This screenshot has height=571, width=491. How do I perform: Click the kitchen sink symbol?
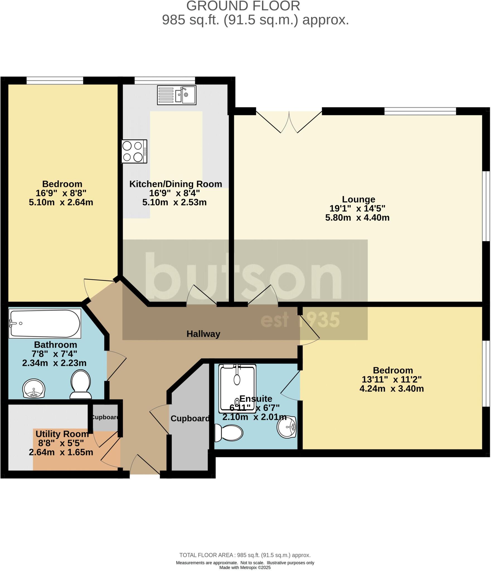click(x=177, y=95)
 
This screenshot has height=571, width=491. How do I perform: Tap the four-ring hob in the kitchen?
click(x=134, y=151)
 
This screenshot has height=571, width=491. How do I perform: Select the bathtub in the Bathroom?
click(x=45, y=323)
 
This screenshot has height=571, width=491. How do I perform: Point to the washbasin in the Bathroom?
click(x=33, y=388)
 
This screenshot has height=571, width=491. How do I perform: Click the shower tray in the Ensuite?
click(x=237, y=389)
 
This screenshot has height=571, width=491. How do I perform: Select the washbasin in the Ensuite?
click(x=287, y=427)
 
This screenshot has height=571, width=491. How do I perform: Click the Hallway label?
click(x=203, y=334)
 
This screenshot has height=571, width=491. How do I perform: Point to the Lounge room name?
click(x=358, y=199)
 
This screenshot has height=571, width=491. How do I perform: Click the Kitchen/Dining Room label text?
click(x=176, y=184)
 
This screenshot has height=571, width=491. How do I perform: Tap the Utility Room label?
click(x=62, y=434)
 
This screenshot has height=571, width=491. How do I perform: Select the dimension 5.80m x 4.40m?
click(x=357, y=217)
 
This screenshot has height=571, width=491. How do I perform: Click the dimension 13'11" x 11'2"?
click(x=392, y=379)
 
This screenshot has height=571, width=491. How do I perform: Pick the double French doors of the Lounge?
click(x=289, y=122)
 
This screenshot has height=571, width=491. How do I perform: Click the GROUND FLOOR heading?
click(x=243, y=6)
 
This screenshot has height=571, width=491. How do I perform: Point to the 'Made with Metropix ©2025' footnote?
click(x=245, y=568)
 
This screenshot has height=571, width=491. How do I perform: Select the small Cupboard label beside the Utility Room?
click(x=105, y=417)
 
